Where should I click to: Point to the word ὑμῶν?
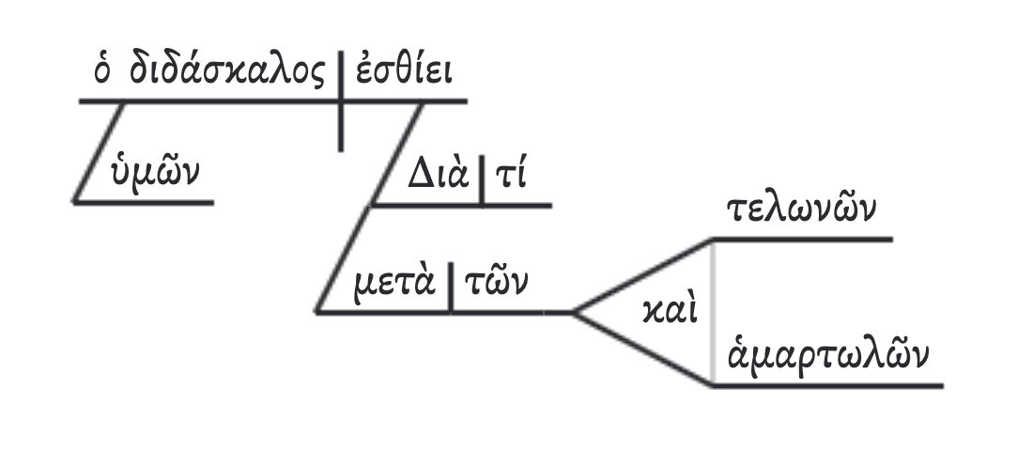[155, 174]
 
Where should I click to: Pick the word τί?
[509, 178]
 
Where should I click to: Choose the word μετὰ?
[393, 282]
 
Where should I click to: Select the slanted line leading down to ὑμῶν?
[100, 150]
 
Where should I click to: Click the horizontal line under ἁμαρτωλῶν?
[826, 385]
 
